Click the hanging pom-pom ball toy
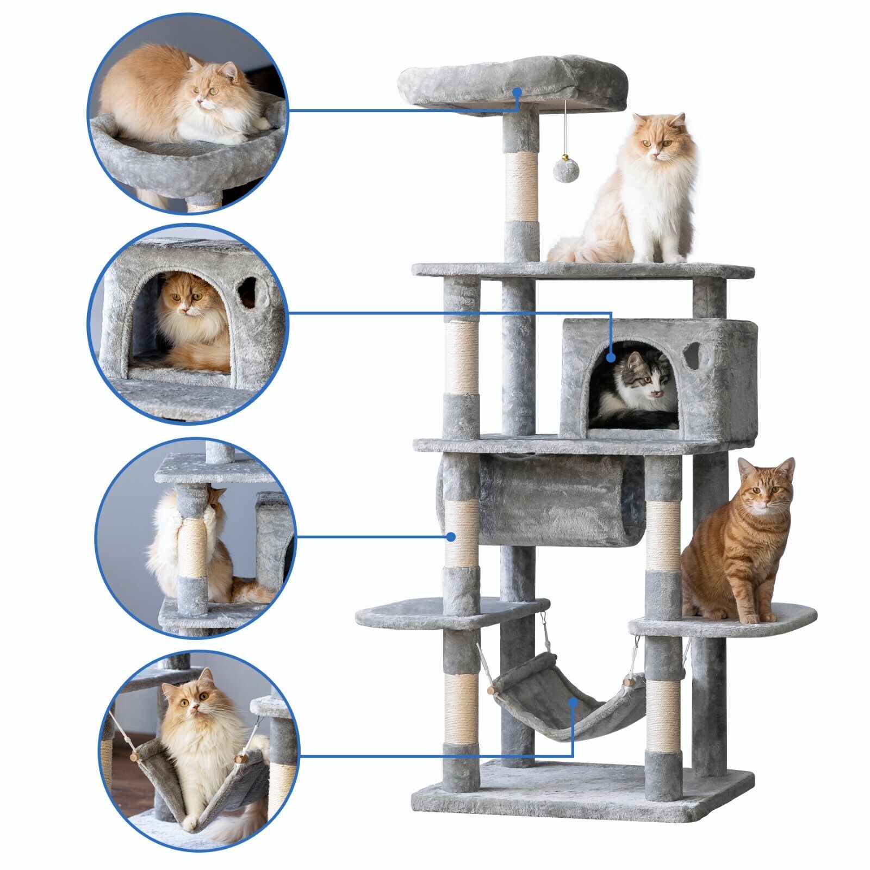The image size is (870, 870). point(566,170)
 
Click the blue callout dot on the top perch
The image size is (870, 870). point(517,92)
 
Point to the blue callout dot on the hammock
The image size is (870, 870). point(573,702)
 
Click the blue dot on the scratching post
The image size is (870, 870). point(451,537)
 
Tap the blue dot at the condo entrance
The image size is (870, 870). point(611,358)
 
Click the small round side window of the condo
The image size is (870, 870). point(692,355)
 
